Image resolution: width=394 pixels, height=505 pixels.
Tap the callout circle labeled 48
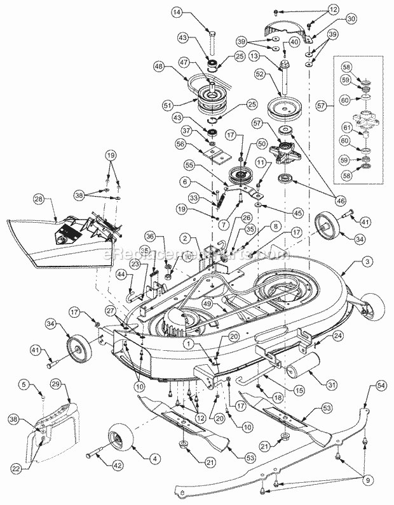(158, 66)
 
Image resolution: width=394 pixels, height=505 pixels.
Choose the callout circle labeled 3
(369, 261)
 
